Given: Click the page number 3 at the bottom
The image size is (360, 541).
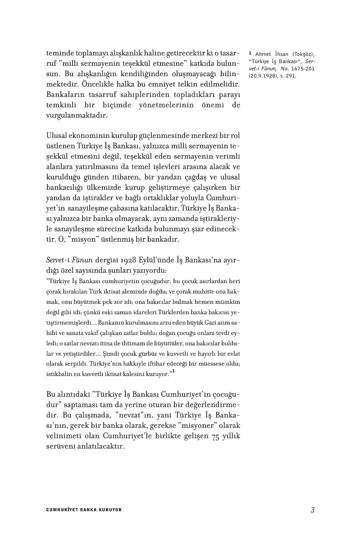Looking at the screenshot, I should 312,510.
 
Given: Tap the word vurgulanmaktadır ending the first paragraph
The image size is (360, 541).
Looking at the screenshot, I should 77,115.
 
